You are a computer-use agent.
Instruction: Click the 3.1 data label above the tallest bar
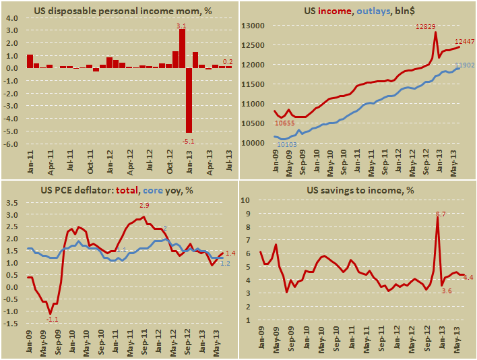tap(181, 26)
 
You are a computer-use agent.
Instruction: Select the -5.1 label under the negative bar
tap(189, 140)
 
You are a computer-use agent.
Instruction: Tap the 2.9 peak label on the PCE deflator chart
tap(144, 204)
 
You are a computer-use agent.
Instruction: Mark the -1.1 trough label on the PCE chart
tap(52, 320)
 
